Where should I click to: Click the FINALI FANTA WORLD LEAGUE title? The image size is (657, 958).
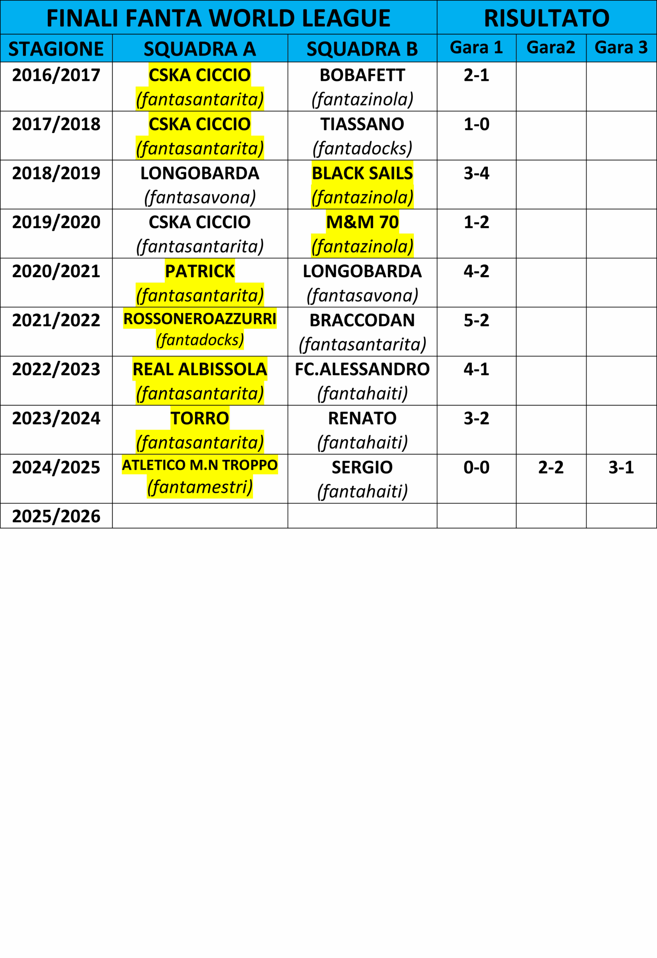pyautogui.click(x=219, y=18)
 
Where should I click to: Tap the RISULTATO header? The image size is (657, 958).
pyautogui.click(x=547, y=18)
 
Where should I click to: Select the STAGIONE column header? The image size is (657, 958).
pyautogui.click(x=56, y=49)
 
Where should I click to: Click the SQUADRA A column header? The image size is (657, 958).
pyautogui.click(x=200, y=49)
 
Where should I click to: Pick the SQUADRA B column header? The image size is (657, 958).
pyautogui.click(x=362, y=49)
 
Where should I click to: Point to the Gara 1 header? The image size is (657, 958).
pyautogui.click(x=476, y=48)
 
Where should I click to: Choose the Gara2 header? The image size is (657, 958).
pyautogui.click(x=551, y=48)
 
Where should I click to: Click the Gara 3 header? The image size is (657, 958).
pyautogui.click(x=621, y=48)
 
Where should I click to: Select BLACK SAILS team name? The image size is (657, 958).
pyautogui.click(x=362, y=173)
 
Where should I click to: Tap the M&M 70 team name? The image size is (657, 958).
pyautogui.click(x=362, y=222)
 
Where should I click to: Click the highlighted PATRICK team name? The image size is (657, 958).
pyautogui.click(x=200, y=271)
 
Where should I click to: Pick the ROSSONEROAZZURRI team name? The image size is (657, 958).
pyautogui.click(x=200, y=318)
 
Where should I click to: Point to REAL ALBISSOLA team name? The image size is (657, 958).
pyautogui.click(x=200, y=369)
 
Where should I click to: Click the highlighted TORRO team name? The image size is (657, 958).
pyautogui.click(x=200, y=418)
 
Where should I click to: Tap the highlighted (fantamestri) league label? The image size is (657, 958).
pyautogui.click(x=200, y=487)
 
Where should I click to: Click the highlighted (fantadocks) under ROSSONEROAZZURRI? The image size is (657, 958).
pyautogui.click(x=200, y=340)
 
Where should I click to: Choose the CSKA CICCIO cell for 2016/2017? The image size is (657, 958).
pyautogui.click(x=200, y=75)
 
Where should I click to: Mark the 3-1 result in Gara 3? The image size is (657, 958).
pyautogui.click(x=621, y=467)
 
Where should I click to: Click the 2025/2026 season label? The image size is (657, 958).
pyautogui.click(x=56, y=516)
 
